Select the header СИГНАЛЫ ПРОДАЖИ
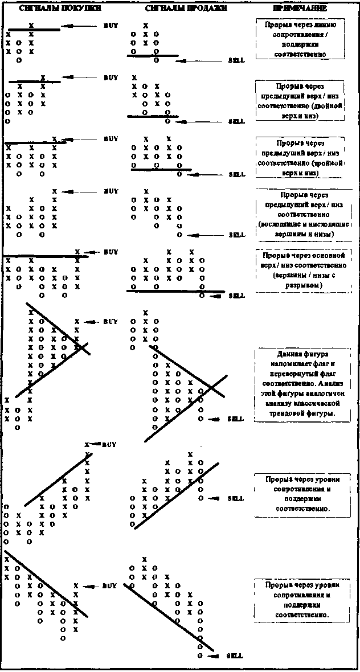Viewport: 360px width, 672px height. (x=186, y=9)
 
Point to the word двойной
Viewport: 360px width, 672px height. (x=330, y=106)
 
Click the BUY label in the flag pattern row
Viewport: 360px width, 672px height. (x=110, y=322)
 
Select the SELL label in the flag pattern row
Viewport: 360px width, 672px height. (x=235, y=419)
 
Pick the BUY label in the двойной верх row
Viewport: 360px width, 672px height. (x=111, y=77)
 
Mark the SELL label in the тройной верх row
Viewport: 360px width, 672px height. (x=236, y=174)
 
